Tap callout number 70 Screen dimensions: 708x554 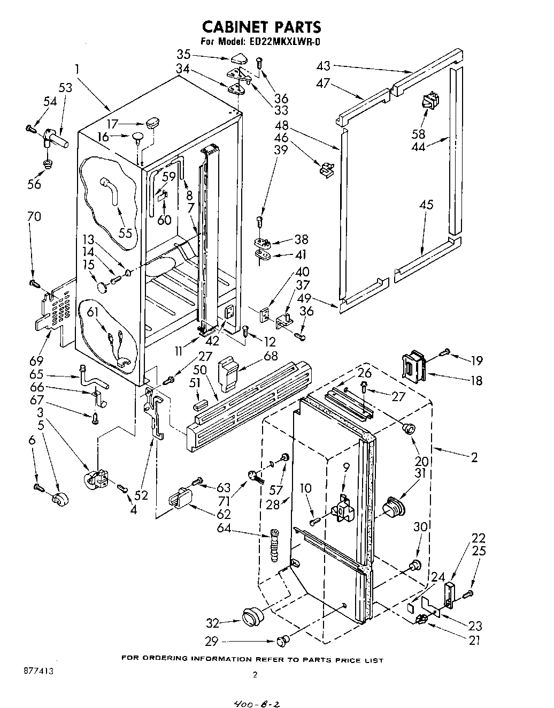coord(33,217)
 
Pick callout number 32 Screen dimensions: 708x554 coord(213,622)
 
